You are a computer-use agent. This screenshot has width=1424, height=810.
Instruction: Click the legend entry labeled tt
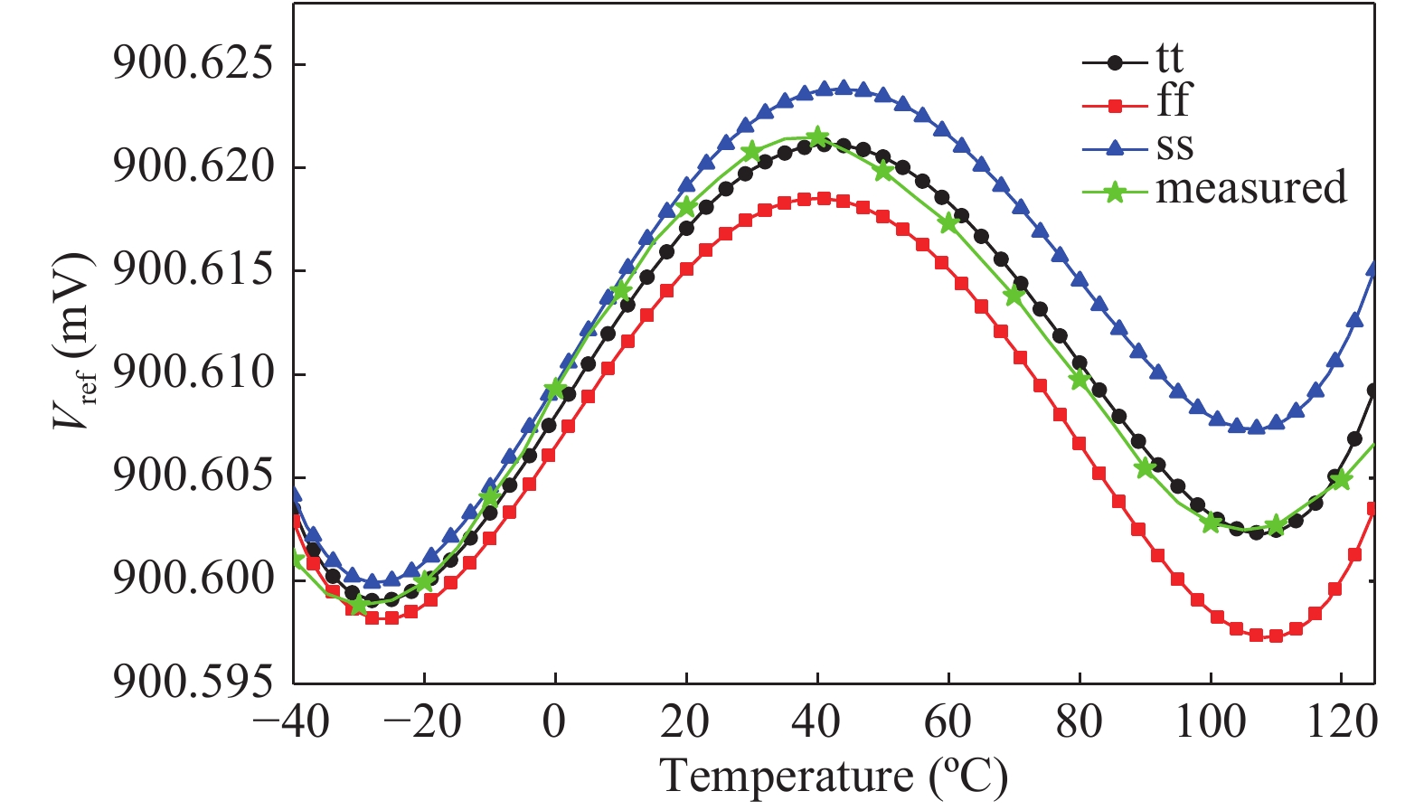point(1169,60)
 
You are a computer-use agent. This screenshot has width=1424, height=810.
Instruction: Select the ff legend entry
point(1174,101)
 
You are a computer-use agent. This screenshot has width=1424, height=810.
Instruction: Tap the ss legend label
point(1174,146)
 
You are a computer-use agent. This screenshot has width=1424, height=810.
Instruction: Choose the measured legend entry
point(1250,188)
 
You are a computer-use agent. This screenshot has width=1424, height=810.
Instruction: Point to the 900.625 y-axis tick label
point(192,64)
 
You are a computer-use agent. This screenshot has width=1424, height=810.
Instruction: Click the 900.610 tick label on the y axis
point(192,373)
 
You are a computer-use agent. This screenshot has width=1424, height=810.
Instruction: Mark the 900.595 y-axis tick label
point(192,682)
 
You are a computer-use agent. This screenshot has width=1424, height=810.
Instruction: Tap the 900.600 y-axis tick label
point(192,579)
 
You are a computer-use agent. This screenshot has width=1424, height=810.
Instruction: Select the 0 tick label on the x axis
point(554,723)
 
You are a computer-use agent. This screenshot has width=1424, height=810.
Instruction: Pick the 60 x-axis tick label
point(948,723)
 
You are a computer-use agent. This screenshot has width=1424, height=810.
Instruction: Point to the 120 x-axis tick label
point(1340,723)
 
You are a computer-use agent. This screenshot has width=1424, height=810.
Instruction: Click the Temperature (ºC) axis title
point(833,777)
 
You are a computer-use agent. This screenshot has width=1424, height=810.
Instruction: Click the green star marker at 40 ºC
point(817,137)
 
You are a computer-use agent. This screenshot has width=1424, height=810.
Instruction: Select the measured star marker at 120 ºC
point(1341,479)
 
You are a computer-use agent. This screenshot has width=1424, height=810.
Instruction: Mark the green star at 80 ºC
point(1079,380)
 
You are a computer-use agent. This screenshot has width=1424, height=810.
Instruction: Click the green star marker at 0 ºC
point(555,390)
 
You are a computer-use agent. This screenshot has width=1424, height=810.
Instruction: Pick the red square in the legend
point(1115,106)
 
